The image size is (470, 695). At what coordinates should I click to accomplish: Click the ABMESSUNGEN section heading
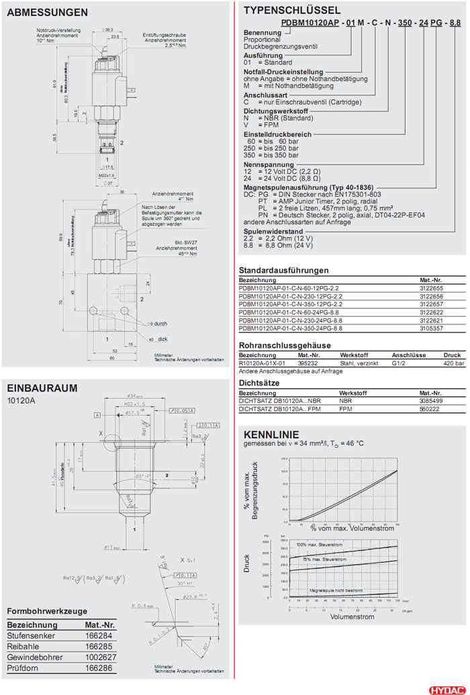coord(46,12)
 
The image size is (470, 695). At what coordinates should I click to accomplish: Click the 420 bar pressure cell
coord(453,363)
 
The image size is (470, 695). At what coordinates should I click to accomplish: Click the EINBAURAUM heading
coord(42,387)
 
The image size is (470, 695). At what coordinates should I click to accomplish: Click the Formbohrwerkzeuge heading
coord(47,611)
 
